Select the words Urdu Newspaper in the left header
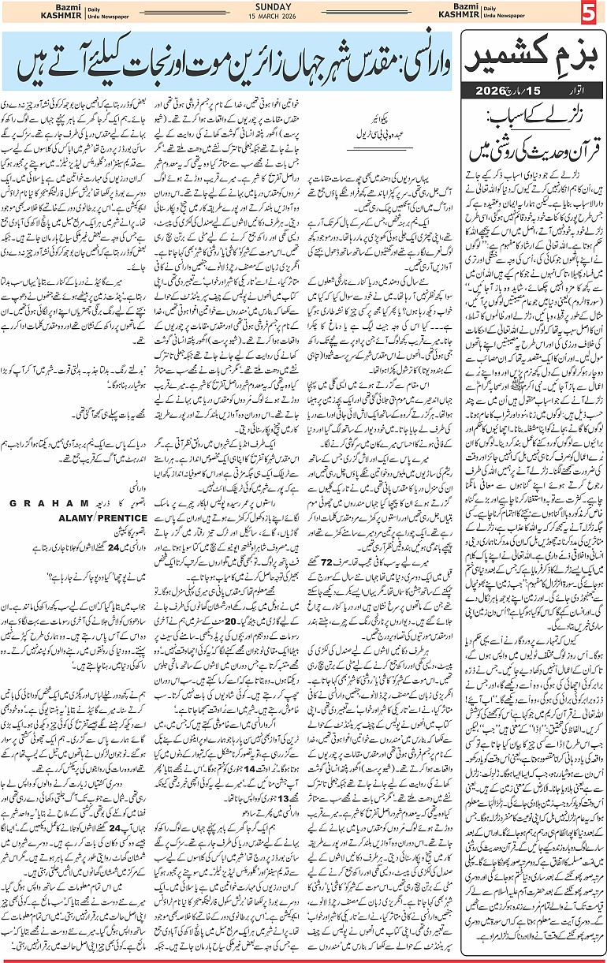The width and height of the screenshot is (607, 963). click(x=85, y=19)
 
